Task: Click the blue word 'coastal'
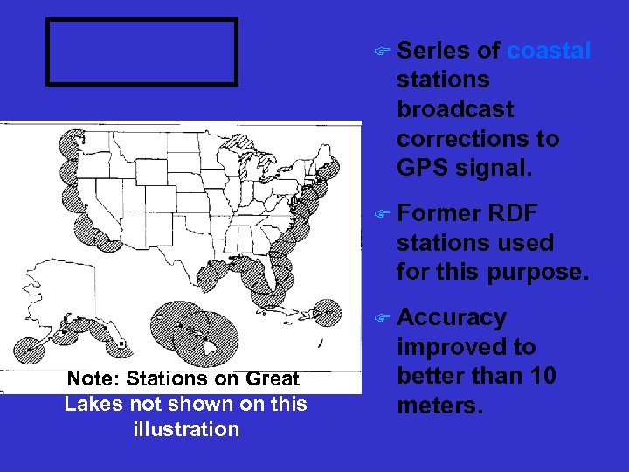point(549,51)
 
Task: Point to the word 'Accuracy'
point(452,317)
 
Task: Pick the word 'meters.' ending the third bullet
point(439,406)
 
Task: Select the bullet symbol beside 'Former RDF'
point(378,214)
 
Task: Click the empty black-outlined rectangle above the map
point(142,52)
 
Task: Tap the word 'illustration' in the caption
point(186,429)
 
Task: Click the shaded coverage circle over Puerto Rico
point(326,312)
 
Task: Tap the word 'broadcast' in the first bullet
point(455,109)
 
